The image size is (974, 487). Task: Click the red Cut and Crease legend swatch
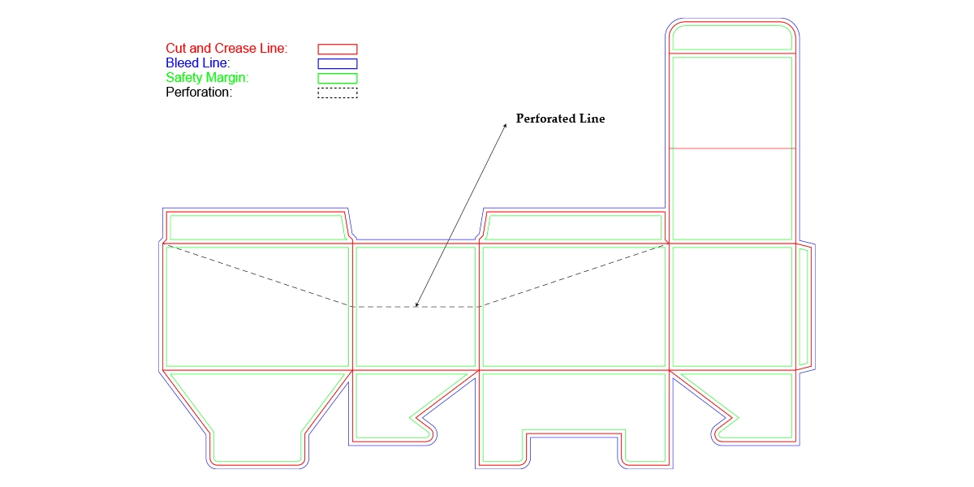coord(337,49)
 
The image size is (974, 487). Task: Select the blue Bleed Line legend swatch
coord(337,63)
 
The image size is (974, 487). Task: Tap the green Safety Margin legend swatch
coord(337,78)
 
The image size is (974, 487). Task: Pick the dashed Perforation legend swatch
coord(337,93)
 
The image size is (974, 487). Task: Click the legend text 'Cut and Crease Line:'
coord(226,49)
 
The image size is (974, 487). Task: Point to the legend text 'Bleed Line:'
coord(197,63)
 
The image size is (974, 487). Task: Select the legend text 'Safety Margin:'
coord(207,78)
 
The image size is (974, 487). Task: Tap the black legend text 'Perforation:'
coord(199,93)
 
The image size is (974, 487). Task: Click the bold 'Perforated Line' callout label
coord(561,119)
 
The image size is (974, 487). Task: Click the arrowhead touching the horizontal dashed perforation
coord(416,305)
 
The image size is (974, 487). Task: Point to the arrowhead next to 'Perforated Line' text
coord(505,126)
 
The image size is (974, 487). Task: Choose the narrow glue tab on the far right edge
coord(804,307)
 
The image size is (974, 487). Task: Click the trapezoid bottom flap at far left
coord(257,414)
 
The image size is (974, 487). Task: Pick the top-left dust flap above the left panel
coord(256,227)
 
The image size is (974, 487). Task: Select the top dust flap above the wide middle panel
coord(574,227)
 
